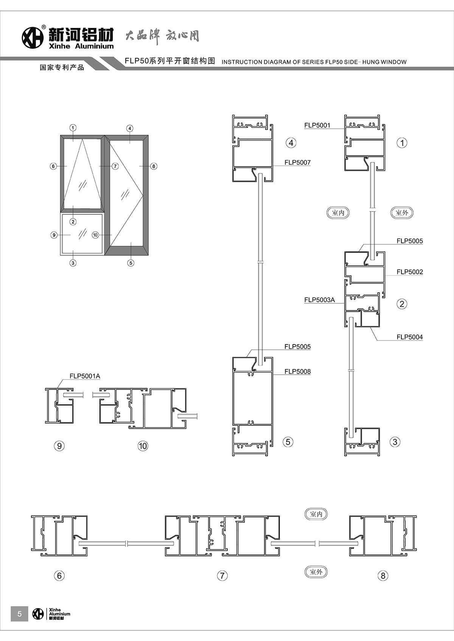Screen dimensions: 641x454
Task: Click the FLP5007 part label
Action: (297, 162)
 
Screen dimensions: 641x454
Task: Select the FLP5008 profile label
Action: (297, 371)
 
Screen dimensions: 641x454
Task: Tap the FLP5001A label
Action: (85, 376)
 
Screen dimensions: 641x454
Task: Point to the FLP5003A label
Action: (319, 300)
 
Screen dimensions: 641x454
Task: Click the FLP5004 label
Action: (409, 337)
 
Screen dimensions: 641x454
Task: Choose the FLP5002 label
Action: (409, 272)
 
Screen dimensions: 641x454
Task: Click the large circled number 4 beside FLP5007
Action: (291, 143)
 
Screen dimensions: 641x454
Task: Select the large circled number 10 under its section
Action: (143, 446)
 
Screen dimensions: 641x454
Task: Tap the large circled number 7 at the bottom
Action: (222, 576)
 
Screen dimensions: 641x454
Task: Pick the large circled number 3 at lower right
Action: (395, 442)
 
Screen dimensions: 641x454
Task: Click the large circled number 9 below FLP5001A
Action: (59, 446)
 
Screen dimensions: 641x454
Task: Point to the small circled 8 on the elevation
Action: (153, 166)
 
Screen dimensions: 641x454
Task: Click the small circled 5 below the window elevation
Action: (131, 263)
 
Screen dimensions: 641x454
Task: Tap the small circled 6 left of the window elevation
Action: (53, 166)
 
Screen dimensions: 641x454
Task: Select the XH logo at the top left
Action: (33, 38)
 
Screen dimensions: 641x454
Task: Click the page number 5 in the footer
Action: (20, 614)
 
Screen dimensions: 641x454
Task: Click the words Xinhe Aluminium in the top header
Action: (81, 46)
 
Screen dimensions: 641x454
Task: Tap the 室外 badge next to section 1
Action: (402, 212)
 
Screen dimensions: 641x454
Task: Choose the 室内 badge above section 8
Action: (316, 514)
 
